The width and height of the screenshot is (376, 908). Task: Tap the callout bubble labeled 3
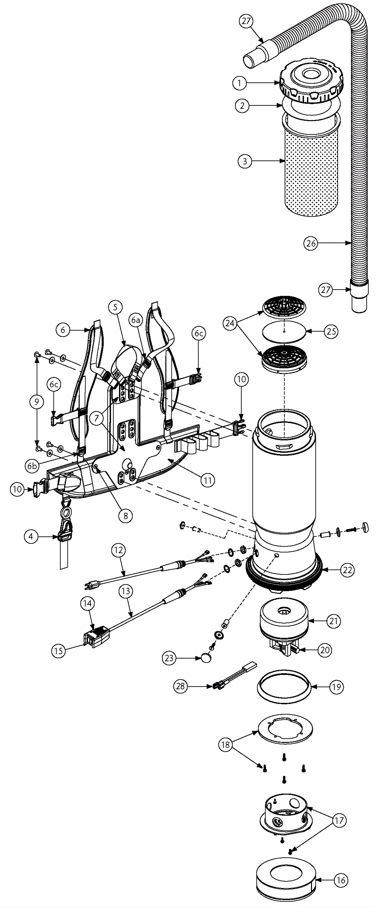[245, 161]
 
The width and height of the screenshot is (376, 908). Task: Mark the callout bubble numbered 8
[125, 516]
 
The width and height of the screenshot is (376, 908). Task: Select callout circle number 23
[169, 658]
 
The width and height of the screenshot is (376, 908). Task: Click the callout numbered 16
[341, 880]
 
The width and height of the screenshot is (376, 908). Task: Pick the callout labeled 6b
[32, 466]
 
